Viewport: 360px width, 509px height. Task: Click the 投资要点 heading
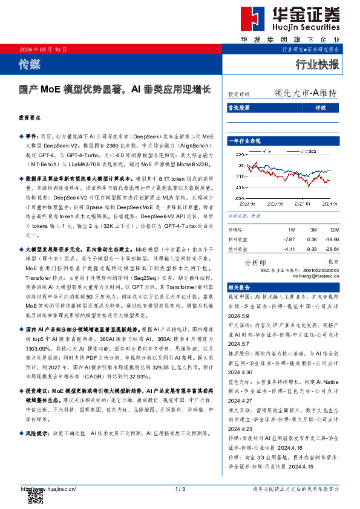click(x=30, y=118)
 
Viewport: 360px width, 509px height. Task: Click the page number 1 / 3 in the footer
click(x=180, y=488)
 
